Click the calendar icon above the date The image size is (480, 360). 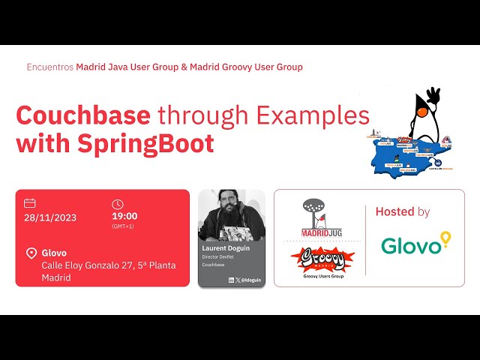pos(30,203)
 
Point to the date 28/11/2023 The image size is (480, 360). pos(50,217)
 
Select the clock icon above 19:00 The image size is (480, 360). pos(118,204)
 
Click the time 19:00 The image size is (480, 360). pos(124,217)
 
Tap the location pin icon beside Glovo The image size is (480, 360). pos(31,253)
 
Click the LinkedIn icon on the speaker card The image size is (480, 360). pos(231,280)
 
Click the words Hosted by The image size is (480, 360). pos(403,212)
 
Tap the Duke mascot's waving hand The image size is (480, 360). pos(433,95)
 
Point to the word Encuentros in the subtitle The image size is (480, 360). pos(50,67)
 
